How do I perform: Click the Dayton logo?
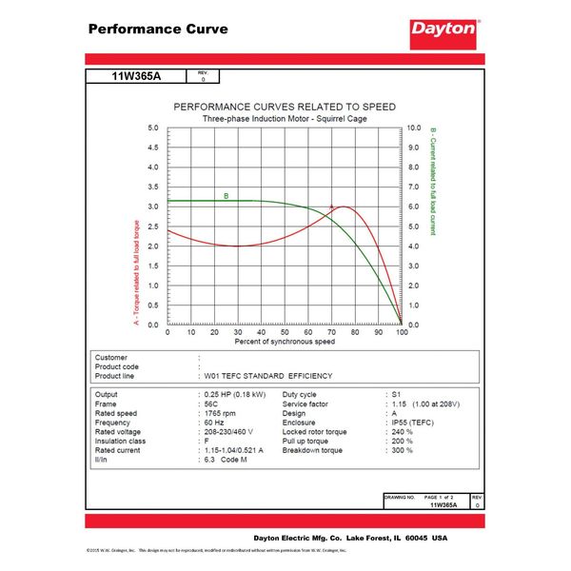(443, 29)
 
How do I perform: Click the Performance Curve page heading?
(158, 29)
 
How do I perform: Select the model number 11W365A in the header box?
(138, 75)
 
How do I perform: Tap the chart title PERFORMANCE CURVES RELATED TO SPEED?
(284, 107)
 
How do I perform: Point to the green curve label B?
(226, 196)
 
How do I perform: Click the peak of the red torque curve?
(342, 207)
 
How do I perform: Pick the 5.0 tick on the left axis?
(153, 127)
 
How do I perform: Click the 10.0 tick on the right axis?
(414, 127)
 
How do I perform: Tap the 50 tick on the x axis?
(285, 332)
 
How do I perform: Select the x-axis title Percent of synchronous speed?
(285, 341)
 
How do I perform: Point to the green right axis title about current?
(433, 181)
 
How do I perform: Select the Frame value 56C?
(212, 403)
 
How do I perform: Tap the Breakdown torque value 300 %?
(402, 450)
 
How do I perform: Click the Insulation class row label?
(124, 441)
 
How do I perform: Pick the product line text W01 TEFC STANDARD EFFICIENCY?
(268, 376)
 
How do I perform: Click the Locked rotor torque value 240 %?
(402, 431)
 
